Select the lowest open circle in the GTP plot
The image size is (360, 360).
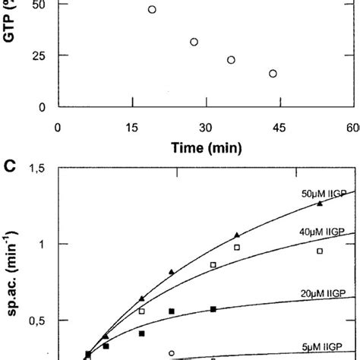coord(273,74)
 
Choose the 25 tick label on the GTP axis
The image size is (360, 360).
coord(38,55)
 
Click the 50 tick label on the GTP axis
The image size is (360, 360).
coord(38,4)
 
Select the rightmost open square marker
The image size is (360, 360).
coord(320,251)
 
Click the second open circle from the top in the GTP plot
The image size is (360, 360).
coord(194,42)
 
